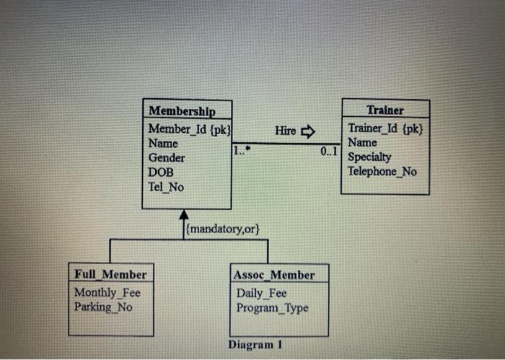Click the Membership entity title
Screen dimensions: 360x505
tap(181, 111)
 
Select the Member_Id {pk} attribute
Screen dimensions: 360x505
tap(188, 128)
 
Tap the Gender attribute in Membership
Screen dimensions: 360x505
tap(166, 157)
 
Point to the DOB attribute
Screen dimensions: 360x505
tap(162, 172)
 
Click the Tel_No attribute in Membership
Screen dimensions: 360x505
tap(166, 187)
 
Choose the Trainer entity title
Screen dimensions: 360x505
tap(385, 110)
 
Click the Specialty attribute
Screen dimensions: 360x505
tap(369, 157)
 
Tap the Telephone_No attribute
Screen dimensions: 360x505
tap(382, 171)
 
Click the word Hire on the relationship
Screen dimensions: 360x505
tap(286, 131)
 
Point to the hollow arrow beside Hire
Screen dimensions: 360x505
tap(308, 131)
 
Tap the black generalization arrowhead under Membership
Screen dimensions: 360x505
tap(184, 215)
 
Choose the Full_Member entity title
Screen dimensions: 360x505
tap(110, 275)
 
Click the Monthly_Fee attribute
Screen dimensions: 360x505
tap(107, 292)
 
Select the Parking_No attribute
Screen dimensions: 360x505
tap(103, 307)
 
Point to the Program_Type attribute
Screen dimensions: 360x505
tap(272, 308)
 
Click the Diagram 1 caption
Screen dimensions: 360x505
tap(253, 344)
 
